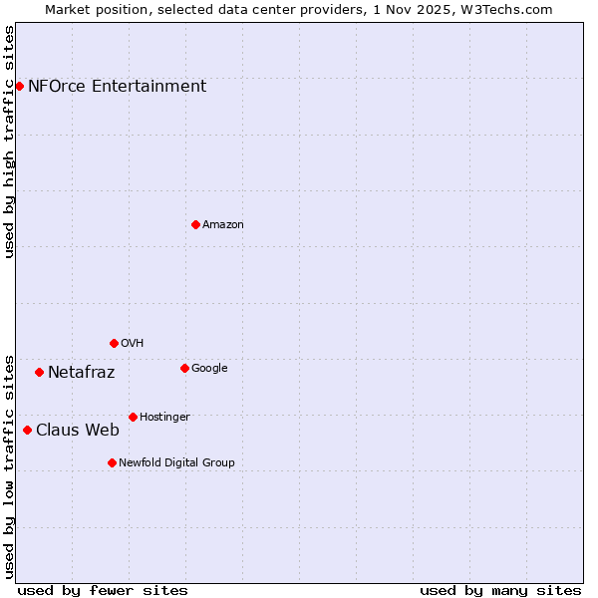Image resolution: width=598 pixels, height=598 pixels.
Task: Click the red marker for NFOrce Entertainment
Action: (x=19, y=86)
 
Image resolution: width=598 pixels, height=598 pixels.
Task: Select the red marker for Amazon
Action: (x=195, y=224)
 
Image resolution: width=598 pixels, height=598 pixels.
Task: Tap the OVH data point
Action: (x=114, y=343)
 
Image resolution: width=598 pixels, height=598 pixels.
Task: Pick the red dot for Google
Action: (x=184, y=368)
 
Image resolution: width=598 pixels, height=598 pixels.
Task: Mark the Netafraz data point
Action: (x=39, y=372)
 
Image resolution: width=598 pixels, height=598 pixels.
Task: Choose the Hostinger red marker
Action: (x=133, y=417)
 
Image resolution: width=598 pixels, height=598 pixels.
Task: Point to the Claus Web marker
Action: (x=27, y=430)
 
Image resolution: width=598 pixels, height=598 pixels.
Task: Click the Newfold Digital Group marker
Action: (x=112, y=462)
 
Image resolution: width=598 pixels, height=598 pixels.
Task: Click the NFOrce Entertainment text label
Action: (x=117, y=86)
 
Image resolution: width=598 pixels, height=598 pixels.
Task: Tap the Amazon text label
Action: (x=222, y=224)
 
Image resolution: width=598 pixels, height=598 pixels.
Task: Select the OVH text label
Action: (x=132, y=343)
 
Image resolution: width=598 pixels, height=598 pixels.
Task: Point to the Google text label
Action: (x=209, y=368)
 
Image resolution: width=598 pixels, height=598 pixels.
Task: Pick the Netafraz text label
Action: (x=81, y=373)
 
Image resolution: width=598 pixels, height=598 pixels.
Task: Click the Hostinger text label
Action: (x=164, y=417)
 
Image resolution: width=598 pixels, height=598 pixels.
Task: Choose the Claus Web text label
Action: (x=77, y=431)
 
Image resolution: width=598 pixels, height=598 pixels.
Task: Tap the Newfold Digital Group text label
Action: (x=176, y=462)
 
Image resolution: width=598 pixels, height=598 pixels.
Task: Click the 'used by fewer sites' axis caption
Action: (x=103, y=590)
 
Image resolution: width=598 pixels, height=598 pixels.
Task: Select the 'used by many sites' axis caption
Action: (x=500, y=590)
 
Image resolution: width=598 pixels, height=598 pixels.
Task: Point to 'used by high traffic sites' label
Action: (x=9, y=142)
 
